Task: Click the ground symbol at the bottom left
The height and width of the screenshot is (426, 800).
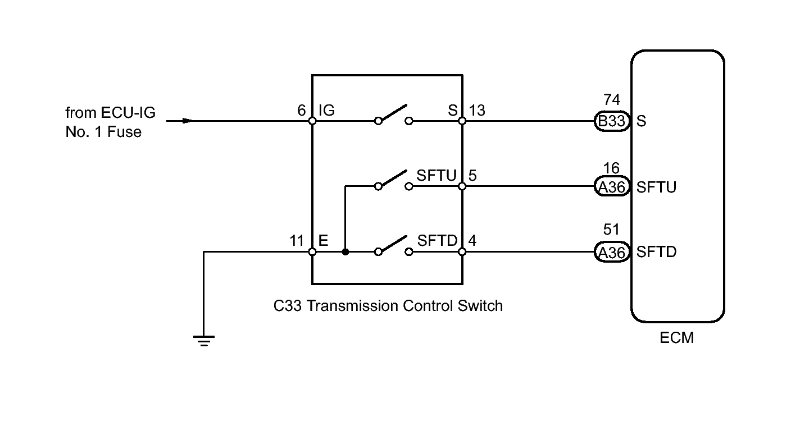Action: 204,341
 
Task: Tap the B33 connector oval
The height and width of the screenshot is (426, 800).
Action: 612,121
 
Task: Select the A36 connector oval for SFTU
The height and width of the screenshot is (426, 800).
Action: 612,186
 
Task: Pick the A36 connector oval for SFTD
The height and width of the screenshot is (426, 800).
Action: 612,252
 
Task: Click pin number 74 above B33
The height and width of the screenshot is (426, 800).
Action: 612,99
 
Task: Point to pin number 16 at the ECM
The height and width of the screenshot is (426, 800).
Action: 611,168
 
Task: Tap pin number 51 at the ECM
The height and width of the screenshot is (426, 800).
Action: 611,229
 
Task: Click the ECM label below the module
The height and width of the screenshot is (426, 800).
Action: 677,337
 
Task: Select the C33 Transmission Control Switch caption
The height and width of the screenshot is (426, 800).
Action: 388,306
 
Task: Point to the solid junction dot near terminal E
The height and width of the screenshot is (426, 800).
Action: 346,252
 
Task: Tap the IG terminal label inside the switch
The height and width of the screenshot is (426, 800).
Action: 326,110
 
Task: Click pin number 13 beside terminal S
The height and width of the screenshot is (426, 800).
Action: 477,111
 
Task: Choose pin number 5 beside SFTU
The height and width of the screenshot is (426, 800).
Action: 472,176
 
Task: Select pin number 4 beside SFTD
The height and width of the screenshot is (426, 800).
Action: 472,241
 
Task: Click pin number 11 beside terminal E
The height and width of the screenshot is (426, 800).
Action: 297,241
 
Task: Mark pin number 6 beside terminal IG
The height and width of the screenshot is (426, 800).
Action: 302,110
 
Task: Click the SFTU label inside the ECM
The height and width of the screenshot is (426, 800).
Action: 656,187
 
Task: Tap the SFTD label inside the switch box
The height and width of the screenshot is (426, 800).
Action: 437,241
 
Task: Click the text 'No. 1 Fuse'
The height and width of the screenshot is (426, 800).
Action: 103,132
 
